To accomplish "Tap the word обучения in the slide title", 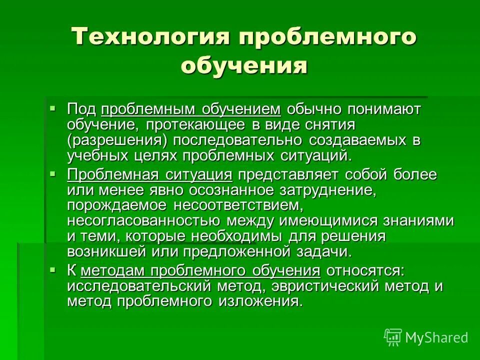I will coord(243,65).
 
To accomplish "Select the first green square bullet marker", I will coord(52,107).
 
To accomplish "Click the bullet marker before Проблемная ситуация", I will coord(52,172).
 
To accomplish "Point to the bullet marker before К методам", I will coord(52,269).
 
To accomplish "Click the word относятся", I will coord(364,271).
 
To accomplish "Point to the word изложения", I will coord(259,301).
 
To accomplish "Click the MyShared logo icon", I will coord(393,336).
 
